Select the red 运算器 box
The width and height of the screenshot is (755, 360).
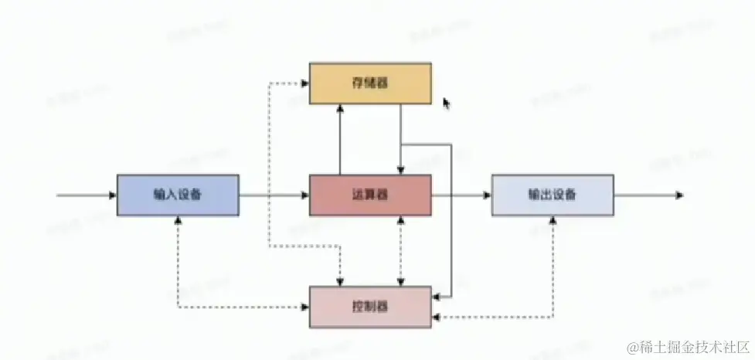370,195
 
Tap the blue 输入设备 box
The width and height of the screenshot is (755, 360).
178,195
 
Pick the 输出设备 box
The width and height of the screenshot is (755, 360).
552,195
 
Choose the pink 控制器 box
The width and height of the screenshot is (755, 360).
370,307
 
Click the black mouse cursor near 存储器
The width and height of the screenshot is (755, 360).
446,103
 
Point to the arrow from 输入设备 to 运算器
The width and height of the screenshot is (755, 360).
274,195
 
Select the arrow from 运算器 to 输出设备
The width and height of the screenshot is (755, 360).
461,195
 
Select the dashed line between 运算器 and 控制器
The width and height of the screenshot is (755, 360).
400,250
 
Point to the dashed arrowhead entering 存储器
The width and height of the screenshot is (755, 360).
304,83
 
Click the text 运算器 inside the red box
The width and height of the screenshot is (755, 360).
370,195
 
